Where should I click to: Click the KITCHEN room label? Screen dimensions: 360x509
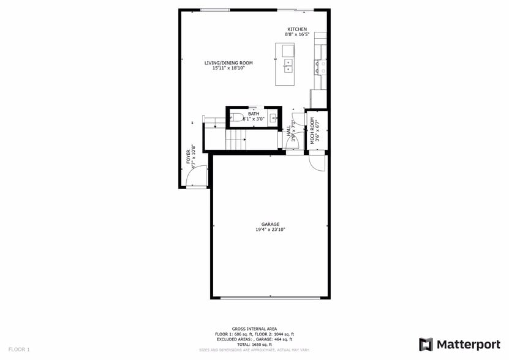click(x=297, y=29)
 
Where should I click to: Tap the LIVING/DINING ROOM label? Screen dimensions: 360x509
click(x=228, y=63)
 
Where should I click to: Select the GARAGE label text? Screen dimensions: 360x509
click(x=270, y=224)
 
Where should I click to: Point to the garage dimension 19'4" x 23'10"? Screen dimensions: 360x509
click(x=270, y=230)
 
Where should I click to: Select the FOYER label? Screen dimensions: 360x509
click(x=189, y=156)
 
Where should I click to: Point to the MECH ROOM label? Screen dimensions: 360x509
click(x=312, y=130)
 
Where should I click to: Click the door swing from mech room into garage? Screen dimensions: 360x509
click(x=317, y=162)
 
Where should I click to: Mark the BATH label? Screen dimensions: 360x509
click(x=253, y=114)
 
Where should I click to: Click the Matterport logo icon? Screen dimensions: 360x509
click(x=426, y=344)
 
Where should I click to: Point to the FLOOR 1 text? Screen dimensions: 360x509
click(x=19, y=349)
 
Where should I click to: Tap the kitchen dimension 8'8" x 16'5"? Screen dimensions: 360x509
click(x=297, y=35)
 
